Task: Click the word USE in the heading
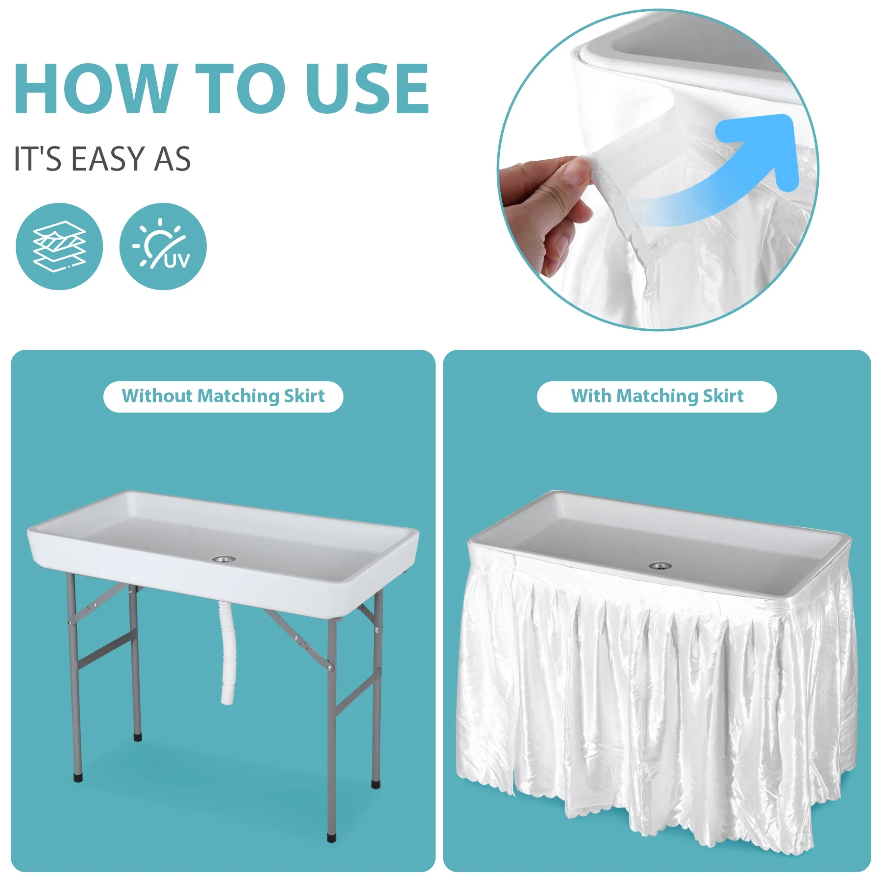367,89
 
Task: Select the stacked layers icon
59,246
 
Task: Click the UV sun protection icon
163,246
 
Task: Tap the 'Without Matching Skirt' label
223,396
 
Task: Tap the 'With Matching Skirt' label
657,396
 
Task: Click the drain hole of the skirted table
660,566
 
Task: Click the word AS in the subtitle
172,159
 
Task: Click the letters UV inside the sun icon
177,261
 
